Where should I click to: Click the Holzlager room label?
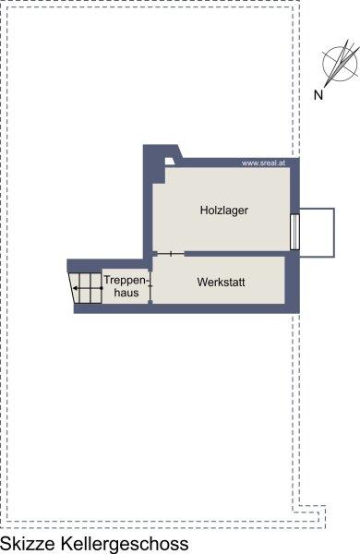coord(224,211)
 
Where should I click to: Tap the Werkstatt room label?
coord(222,283)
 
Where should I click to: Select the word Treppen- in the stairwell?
coord(126,281)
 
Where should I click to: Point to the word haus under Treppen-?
coord(126,293)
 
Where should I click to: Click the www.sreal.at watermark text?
coord(263,163)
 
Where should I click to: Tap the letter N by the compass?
coord(318,95)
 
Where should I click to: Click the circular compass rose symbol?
coord(340,64)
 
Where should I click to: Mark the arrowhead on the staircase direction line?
coord(76,288)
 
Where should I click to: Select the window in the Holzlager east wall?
coord(294,232)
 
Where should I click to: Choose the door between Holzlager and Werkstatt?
coord(171,254)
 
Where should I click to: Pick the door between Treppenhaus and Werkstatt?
coord(150,286)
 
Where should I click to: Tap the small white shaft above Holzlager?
coord(170,161)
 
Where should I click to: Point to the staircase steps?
coord(86,288)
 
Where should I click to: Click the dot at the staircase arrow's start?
coord(102,288)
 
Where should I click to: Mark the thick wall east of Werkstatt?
coord(293,282)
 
